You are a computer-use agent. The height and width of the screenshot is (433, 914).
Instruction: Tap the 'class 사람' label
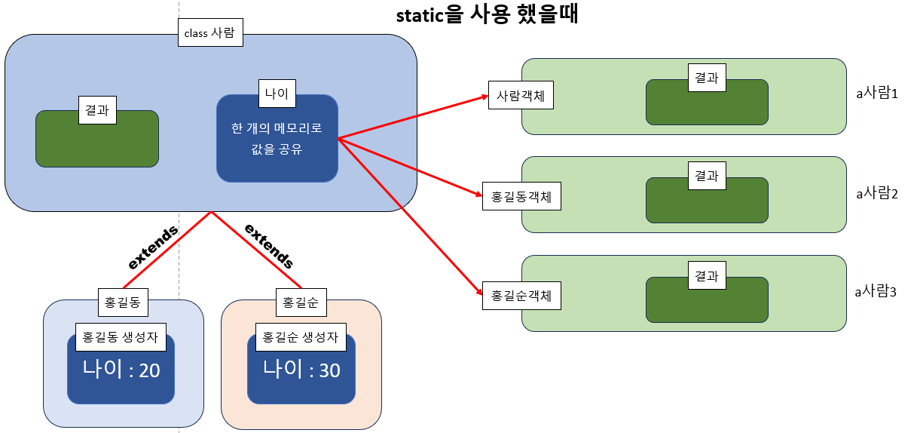(x=210, y=33)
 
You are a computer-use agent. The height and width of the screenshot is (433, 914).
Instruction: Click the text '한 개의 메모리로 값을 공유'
(x=277, y=138)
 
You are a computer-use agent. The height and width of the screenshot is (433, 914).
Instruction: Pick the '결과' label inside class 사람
(x=96, y=110)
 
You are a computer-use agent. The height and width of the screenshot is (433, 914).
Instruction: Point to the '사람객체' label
(x=521, y=96)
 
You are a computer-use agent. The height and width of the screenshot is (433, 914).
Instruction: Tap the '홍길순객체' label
(x=521, y=295)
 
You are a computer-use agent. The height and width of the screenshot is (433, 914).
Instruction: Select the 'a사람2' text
(x=876, y=193)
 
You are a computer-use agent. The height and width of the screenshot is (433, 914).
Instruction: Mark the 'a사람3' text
(x=876, y=290)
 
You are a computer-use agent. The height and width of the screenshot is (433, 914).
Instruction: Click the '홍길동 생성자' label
(x=121, y=337)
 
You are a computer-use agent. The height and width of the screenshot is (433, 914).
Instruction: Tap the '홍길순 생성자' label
(x=300, y=337)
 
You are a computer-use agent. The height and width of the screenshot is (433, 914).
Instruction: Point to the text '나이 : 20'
(x=121, y=370)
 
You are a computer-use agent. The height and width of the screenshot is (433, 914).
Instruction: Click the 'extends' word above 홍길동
(x=154, y=247)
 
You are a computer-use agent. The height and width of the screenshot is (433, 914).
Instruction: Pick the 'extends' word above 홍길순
(x=268, y=246)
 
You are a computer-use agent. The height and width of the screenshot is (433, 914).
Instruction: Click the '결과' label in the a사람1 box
(x=706, y=77)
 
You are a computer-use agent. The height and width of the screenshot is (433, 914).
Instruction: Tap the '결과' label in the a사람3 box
(x=706, y=276)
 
